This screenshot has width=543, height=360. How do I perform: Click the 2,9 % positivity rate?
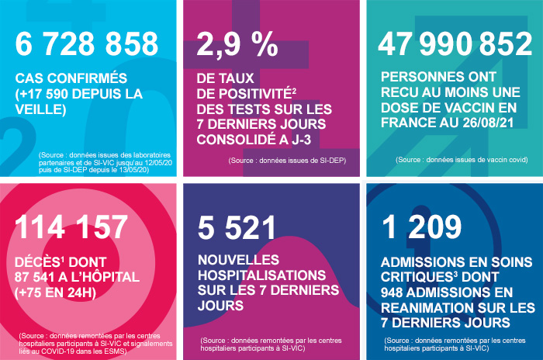[237, 45]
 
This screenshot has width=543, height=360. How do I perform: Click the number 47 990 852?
[455, 45]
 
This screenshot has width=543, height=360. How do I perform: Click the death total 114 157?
[71, 227]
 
